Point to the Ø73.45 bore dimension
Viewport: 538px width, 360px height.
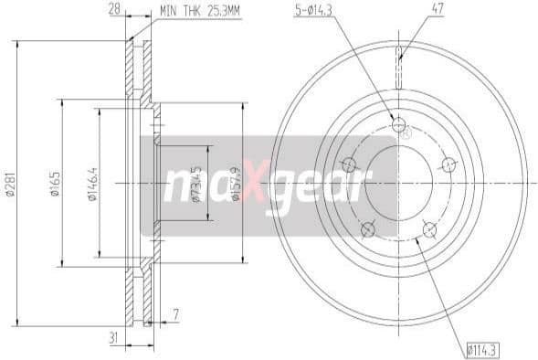click(196, 181)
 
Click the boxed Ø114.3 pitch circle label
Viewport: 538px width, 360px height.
click(481, 349)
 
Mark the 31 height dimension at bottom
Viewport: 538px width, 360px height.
click(113, 338)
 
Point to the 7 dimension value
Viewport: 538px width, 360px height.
click(174, 317)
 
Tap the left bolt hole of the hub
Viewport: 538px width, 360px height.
click(348, 164)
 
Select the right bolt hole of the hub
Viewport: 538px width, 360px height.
click(448, 164)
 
